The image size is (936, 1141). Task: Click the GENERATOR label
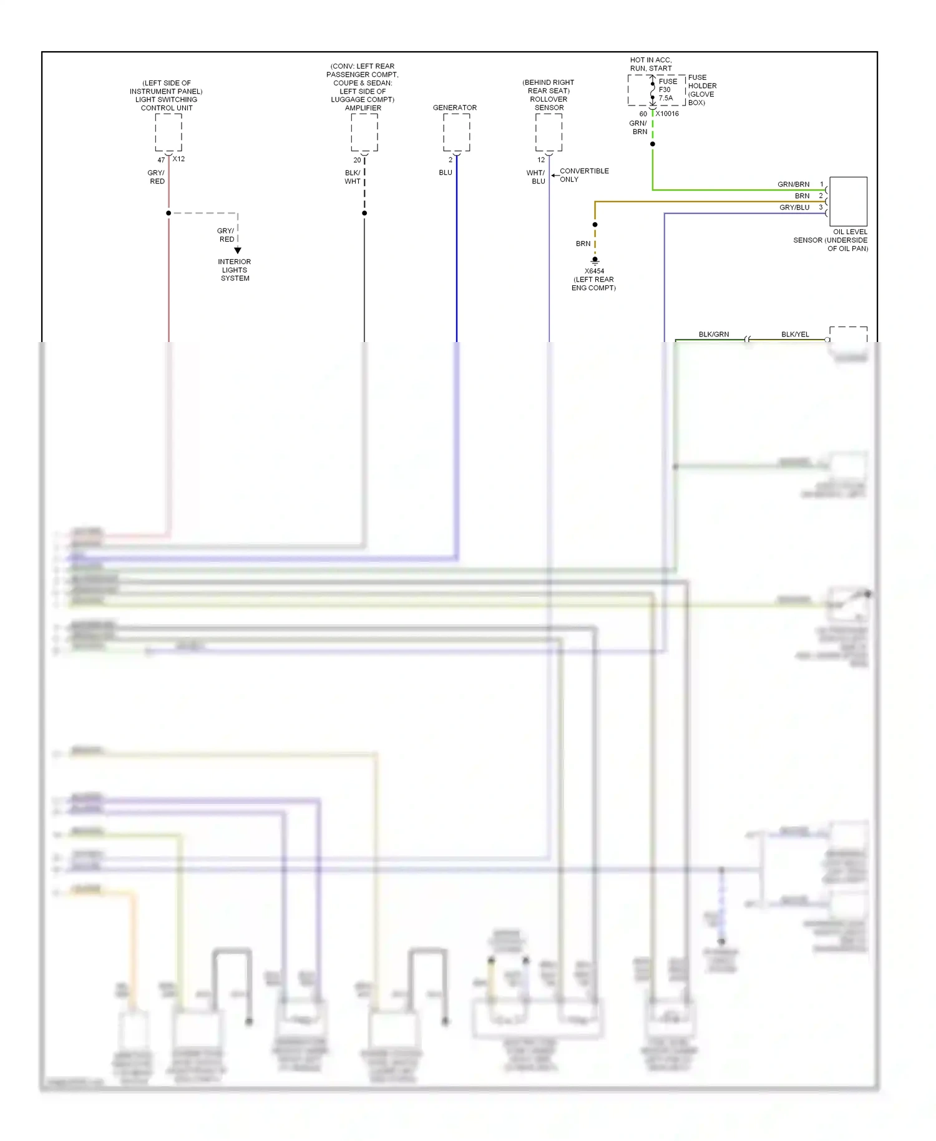(454, 107)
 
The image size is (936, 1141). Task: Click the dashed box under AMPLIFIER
(364, 132)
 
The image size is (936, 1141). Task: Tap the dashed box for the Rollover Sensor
(548, 132)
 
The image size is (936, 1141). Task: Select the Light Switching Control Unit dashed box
(168, 132)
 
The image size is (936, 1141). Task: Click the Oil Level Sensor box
(848, 201)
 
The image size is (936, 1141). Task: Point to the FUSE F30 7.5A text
(666, 89)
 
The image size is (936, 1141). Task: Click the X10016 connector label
(667, 114)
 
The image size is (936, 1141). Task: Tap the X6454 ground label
(594, 271)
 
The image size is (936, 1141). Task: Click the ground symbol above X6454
(595, 260)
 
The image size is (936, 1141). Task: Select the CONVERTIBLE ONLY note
(583, 175)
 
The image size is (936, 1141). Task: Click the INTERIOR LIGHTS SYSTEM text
(235, 270)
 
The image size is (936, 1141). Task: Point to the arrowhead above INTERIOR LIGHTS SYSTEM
(238, 250)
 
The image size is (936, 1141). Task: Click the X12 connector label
(178, 159)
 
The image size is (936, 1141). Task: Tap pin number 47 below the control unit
(161, 160)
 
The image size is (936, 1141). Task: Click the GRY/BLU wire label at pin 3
(794, 207)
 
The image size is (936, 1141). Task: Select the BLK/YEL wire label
(795, 334)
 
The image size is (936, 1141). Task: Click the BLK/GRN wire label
(713, 334)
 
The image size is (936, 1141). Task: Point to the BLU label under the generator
(445, 172)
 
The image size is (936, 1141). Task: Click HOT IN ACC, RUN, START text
(651, 64)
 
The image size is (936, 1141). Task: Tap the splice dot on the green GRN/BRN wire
(653, 144)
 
